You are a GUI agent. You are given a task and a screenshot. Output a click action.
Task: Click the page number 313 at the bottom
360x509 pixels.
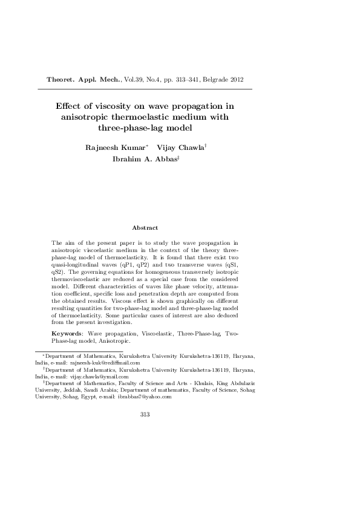(145, 414)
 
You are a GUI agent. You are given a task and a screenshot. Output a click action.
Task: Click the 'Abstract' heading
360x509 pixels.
(145, 228)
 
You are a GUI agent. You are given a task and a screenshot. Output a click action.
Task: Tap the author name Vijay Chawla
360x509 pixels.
(180, 148)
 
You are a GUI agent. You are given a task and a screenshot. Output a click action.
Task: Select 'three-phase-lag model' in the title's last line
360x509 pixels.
(145, 128)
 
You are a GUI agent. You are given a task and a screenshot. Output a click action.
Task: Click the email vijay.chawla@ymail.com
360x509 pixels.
(100, 375)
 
